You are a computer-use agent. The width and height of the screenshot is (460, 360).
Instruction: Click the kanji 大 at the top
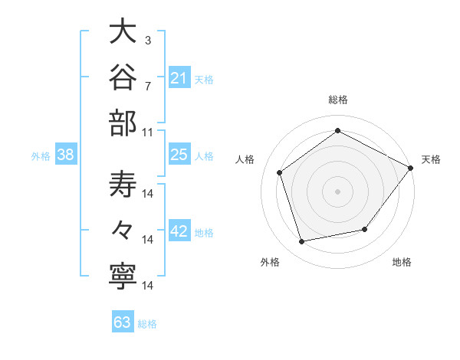click(123, 31)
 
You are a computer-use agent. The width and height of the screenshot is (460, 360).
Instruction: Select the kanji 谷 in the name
click(123, 77)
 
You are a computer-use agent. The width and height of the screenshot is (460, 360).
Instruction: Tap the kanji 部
click(123, 123)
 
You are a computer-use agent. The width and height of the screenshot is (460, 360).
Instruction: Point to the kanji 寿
click(123, 185)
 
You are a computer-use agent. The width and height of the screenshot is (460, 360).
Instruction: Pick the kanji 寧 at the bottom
click(123, 277)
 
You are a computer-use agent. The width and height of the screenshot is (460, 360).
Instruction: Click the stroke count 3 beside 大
click(148, 41)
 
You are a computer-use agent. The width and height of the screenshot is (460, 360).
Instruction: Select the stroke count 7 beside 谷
click(148, 87)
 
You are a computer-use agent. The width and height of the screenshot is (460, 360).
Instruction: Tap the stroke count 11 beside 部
click(147, 133)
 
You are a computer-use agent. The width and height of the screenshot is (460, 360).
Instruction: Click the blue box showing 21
click(179, 77)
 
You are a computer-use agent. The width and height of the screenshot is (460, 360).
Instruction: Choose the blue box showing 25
click(179, 154)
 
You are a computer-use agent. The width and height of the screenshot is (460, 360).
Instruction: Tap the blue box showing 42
click(179, 230)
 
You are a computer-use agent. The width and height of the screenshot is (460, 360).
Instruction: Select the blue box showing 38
click(66, 154)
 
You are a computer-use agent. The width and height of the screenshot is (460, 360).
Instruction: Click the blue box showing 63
click(123, 321)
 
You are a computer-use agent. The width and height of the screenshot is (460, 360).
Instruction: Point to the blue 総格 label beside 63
click(147, 324)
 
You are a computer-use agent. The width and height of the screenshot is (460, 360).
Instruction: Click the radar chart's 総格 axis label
click(338, 100)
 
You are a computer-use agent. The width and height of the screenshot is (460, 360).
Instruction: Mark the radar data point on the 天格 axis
click(410, 168)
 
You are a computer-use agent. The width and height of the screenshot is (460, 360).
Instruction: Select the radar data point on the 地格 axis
click(365, 229)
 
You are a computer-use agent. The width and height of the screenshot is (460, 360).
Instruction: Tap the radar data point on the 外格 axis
click(301, 241)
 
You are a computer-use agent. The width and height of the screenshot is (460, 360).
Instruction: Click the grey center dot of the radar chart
click(337, 191)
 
